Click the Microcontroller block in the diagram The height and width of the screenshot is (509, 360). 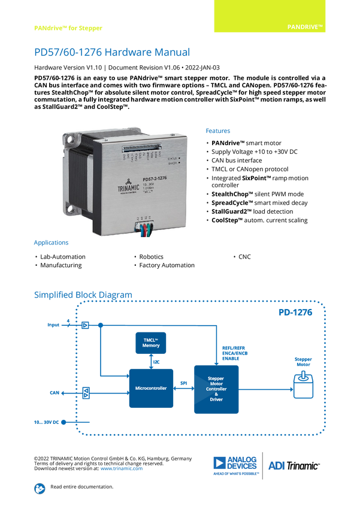(151, 388)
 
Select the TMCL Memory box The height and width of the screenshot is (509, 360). (150, 343)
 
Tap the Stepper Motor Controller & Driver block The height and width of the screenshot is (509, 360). (216, 389)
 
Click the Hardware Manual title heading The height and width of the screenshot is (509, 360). (112, 53)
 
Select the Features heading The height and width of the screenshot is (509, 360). (219, 131)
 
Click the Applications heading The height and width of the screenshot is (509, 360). (51, 243)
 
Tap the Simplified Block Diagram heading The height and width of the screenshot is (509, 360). (83, 294)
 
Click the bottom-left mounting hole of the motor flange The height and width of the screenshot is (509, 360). (74, 210)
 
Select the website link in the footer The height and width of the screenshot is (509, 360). (122, 468)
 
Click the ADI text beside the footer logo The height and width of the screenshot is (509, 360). (276, 465)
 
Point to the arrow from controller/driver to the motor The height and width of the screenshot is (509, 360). (265, 389)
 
